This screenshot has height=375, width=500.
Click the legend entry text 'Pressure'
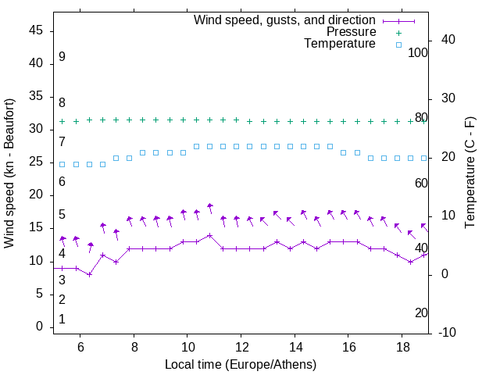point(350,32)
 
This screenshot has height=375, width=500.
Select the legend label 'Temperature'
point(340,44)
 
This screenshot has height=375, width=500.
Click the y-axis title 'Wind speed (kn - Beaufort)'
point(9,173)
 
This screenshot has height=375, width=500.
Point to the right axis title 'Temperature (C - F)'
point(470,173)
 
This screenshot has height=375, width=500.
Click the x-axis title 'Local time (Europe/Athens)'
point(241,364)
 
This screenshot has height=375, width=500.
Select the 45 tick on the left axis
point(37,30)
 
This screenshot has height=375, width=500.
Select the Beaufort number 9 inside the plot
point(62,57)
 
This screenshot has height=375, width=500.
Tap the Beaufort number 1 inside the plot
point(62,320)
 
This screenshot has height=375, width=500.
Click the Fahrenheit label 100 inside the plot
point(418,52)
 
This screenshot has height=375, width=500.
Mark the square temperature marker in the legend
point(398,45)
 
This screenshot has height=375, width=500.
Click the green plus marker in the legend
point(398,33)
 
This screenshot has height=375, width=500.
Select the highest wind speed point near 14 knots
point(210,235)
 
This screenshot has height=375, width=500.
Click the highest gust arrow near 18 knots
point(210,206)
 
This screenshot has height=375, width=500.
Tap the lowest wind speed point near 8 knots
point(90,274)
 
